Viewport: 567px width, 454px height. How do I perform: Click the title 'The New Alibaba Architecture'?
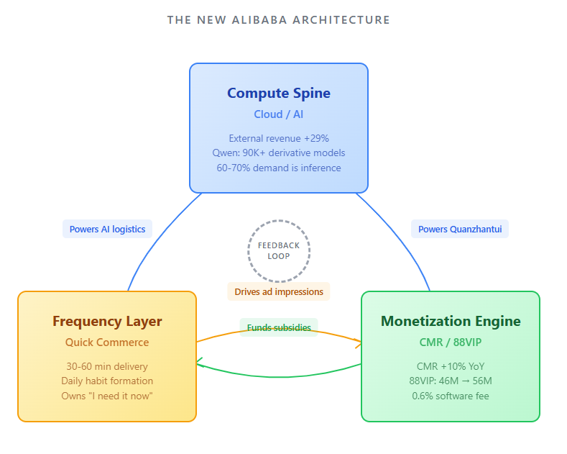pyautogui.click(x=279, y=20)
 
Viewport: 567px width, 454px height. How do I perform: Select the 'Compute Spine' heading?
pyautogui.click(x=279, y=93)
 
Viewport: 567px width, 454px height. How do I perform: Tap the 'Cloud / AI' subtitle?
pyautogui.click(x=279, y=114)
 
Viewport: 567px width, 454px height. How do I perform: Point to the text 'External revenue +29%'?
pyautogui.click(x=279, y=138)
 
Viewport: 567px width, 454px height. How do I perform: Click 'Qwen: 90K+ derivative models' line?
pyautogui.click(x=279, y=153)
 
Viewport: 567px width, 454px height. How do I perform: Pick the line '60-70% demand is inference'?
pyautogui.click(x=279, y=168)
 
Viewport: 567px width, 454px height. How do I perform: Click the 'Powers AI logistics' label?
pyautogui.click(x=107, y=230)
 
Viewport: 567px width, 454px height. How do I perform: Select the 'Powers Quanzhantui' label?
pyautogui.click(x=460, y=230)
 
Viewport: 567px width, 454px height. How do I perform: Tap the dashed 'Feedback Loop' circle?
pyautogui.click(x=279, y=250)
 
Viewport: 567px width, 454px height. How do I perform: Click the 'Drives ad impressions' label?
pyautogui.click(x=279, y=291)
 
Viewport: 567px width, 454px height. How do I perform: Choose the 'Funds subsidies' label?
pyautogui.click(x=279, y=327)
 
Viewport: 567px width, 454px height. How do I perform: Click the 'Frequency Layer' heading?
pyautogui.click(x=107, y=322)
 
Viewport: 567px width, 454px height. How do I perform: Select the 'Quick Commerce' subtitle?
pyautogui.click(x=107, y=342)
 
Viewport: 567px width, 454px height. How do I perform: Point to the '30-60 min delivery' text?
pyautogui.click(x=107, y=366)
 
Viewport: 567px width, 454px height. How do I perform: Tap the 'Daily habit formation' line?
pyautogui.click(x=107, y=381)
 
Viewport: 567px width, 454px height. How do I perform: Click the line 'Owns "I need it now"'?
pyautogui.click(x=107, y=396)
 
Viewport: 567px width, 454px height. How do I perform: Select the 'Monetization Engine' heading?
pyautogui.click(x=451, y=322)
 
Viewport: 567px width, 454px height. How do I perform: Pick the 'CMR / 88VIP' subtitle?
pyautogui.click(x=451, y=342)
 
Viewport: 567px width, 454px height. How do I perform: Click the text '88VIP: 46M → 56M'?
pyautogui.click(x=451, y=381)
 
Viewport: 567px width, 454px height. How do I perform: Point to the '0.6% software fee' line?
pyautogui.click(x=451, y=396)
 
